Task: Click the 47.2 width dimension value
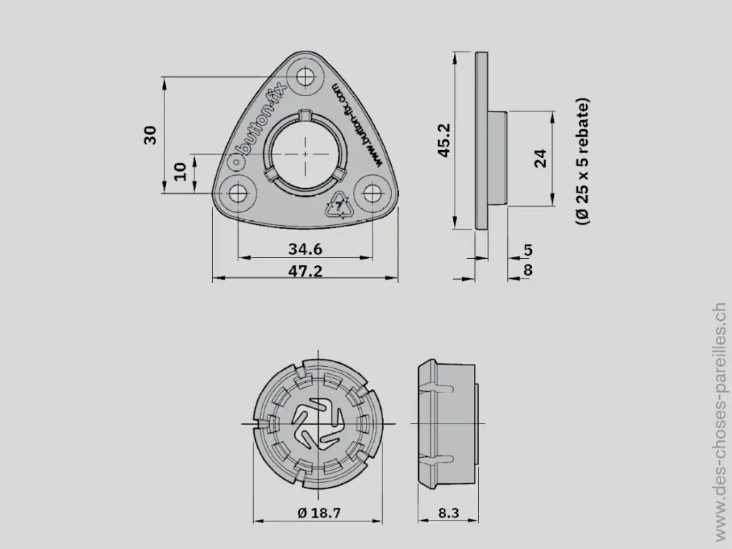[305, 270]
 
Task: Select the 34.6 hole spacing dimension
[305, 249]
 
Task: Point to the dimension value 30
[151, 134]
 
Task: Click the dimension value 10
[180, 172]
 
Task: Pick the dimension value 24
[540, 158]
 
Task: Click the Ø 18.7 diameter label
[318, 513]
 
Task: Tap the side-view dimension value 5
[528, 249]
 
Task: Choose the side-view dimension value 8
[528, 269]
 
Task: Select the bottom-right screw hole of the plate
[372, 193]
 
